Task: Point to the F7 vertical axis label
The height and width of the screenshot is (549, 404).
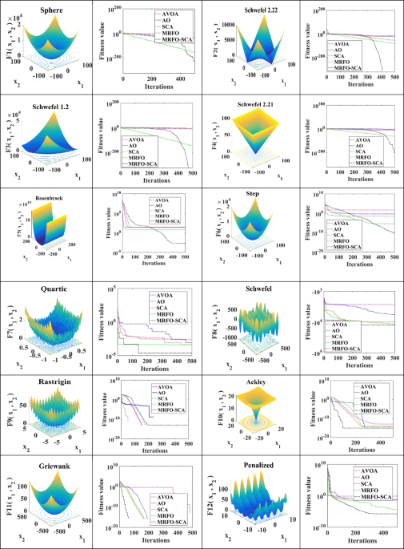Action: [8, 331]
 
